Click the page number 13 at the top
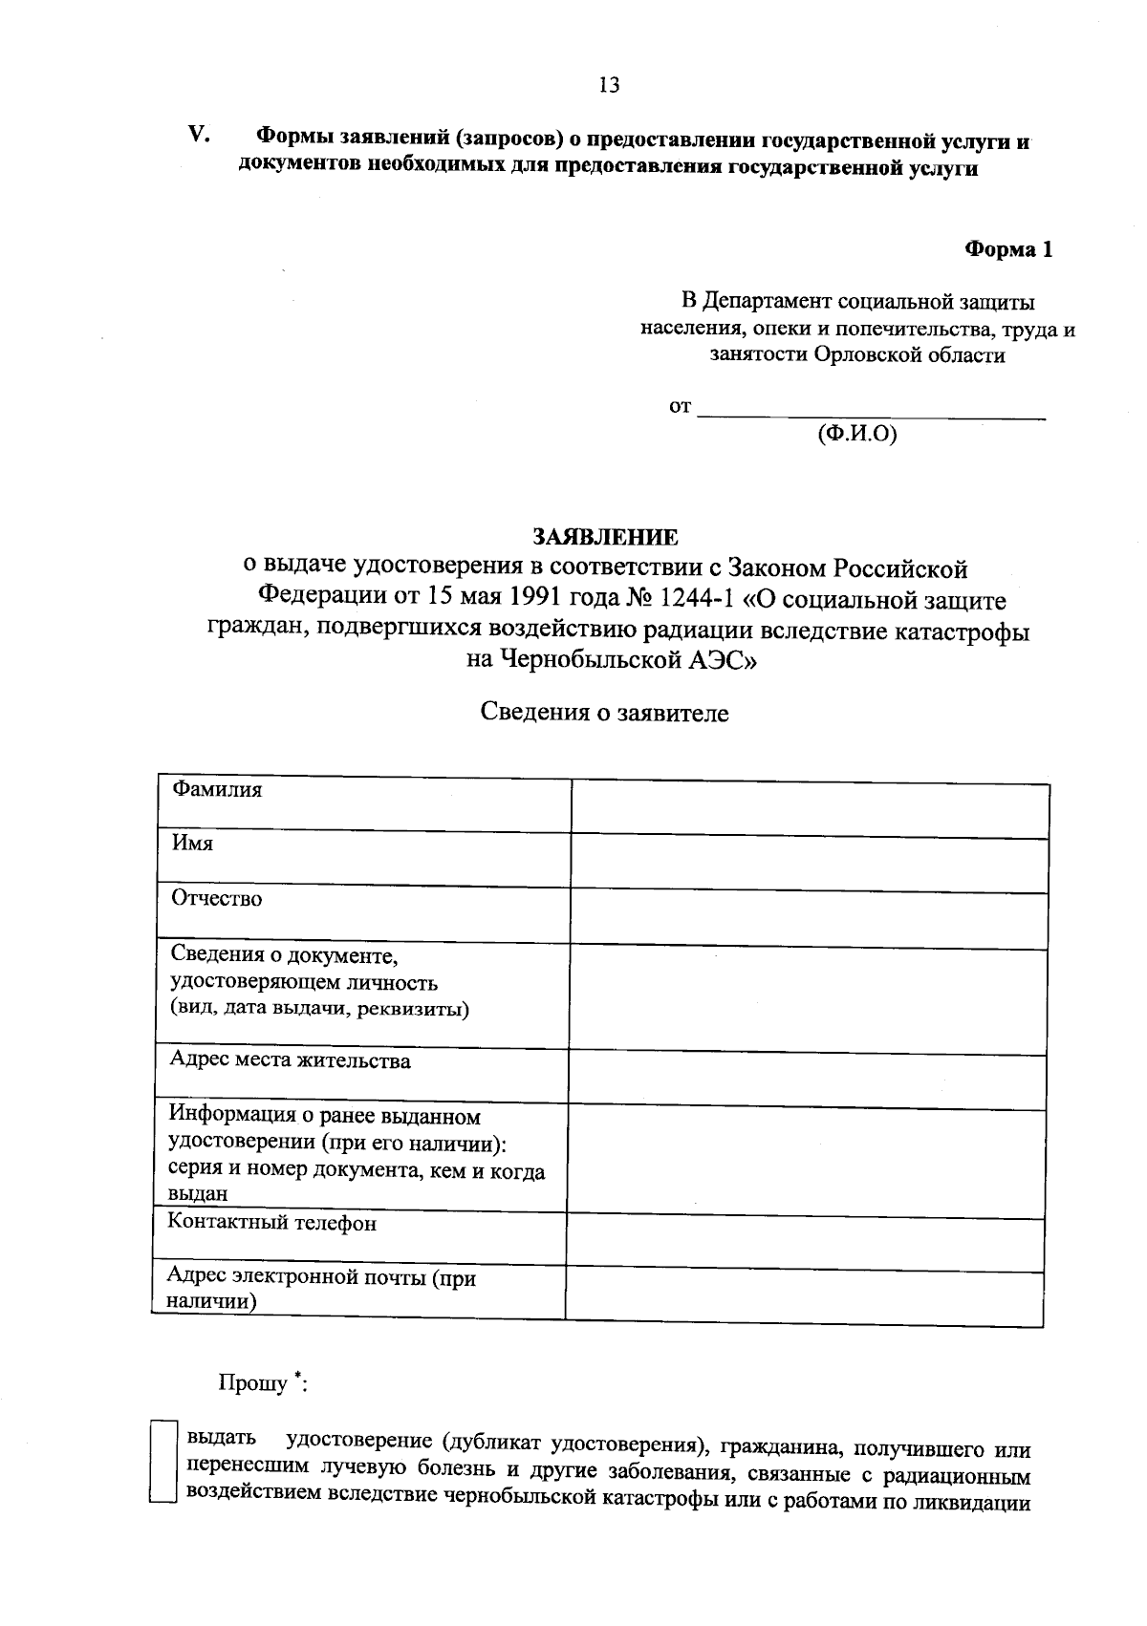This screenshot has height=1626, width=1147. click(x=609, y=85)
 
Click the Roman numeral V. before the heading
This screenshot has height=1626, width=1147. click(x=199, y=135)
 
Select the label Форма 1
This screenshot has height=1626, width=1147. click(x=1008, y=250)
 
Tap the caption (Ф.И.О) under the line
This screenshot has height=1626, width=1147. click(x=857, y=435)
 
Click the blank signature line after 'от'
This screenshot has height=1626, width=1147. click(x=871, y=413)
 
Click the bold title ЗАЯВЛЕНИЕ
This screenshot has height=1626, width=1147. click(x=605, y=536)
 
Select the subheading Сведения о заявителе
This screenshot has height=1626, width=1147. click(x=603, y=713)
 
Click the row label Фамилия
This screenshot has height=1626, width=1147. click(x=216, y=790)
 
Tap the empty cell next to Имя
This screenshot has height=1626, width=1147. click(x=808, y=864)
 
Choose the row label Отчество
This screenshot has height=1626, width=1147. click(x=216, y=899)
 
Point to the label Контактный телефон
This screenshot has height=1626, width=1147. click(x=271, y=1223)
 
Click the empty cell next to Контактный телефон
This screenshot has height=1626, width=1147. click(x=805, y=1244)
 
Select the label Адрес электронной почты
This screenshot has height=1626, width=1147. click(x=320, y=1277)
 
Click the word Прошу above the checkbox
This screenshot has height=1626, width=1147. click(x=253, y=1383)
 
